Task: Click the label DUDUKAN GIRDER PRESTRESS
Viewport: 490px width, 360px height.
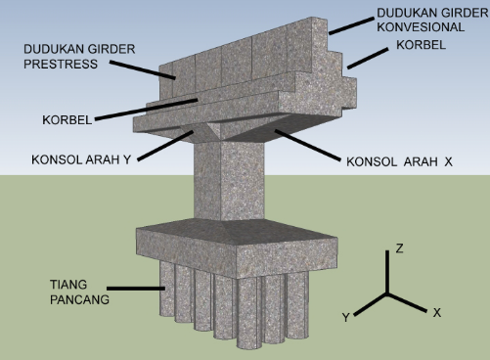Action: click(79, 57)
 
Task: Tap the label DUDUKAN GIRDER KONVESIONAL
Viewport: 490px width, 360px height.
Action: click(432, 20)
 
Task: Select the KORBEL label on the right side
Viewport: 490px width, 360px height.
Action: click(421, 45)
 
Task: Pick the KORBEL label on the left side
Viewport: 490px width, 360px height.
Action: click(67, 120)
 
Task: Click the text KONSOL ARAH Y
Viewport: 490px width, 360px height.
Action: click(81, 159)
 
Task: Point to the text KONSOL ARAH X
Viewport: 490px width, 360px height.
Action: click(399, 161)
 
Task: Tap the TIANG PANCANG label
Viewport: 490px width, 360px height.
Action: click(79, 292)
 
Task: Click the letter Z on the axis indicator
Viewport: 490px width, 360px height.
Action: click(399, 248)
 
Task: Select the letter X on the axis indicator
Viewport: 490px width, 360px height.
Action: click(437, 313)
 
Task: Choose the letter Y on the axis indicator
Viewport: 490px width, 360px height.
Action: click(345, 317)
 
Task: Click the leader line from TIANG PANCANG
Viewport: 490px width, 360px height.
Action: click(136, 289)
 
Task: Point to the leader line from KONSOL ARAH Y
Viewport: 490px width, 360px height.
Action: click(165, 146)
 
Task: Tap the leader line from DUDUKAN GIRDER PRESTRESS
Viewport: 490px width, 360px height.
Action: click(143, 69)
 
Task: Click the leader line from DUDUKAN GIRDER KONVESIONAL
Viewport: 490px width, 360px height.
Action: click(351, 25)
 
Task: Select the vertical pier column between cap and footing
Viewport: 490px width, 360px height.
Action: click(229, 180)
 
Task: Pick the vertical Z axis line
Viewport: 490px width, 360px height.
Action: click(387, 272)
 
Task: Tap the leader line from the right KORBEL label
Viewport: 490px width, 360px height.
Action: click(368, 59)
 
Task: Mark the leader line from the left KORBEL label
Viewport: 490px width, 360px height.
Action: click(146, 110)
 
